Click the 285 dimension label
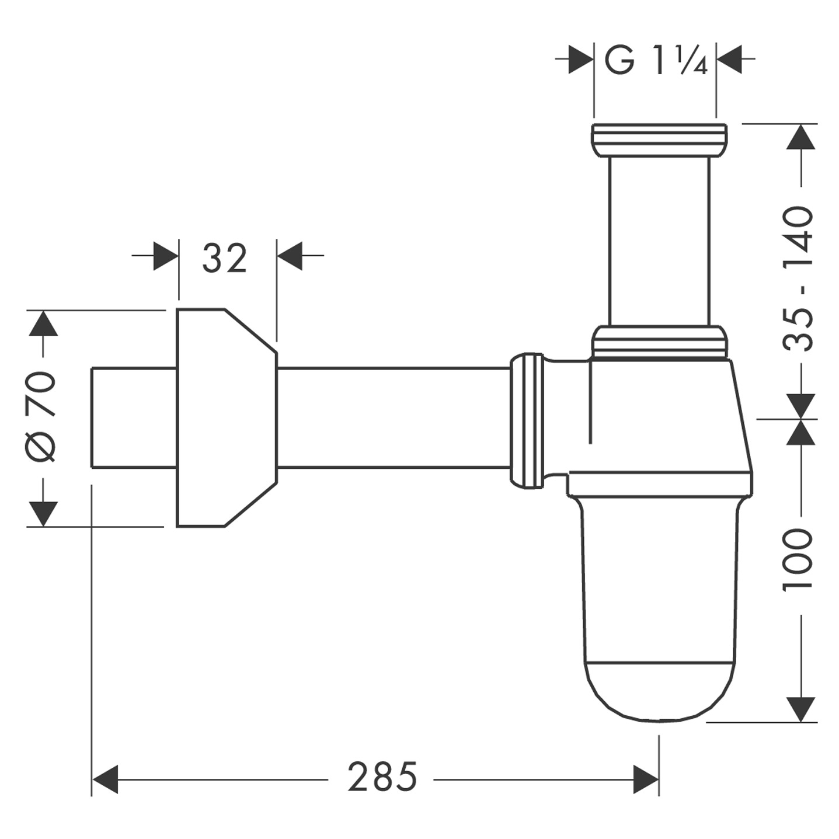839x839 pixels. click(x=382, y=777)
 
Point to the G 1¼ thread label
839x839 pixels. click(x=656, y=60)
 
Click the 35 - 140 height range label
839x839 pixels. click(x=798, y=278)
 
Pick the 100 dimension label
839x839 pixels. click(x=798, y=559)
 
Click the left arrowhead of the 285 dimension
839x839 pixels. click(x=106, y=779)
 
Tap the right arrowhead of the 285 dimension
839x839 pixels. click(x=646, y=779)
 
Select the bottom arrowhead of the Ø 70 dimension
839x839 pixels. click(x=43, y=514)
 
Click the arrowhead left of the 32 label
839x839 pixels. click(x=166, y=256)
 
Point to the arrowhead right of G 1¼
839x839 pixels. click(x=729, y=59)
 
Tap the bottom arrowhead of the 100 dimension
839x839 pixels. click(x=800, y=709)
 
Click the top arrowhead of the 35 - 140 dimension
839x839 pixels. click(x=800, y=138)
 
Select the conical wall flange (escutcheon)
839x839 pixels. click(x=225, y=417)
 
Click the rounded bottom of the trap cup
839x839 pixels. click(x=660, y=692)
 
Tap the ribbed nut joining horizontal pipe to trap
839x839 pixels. click(x=527, y=419)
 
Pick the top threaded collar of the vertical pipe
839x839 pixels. click(x=659, y=140)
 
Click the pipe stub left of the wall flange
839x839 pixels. click(x=134, y=417)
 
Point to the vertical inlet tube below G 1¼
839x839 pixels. click(x=659, y=239)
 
